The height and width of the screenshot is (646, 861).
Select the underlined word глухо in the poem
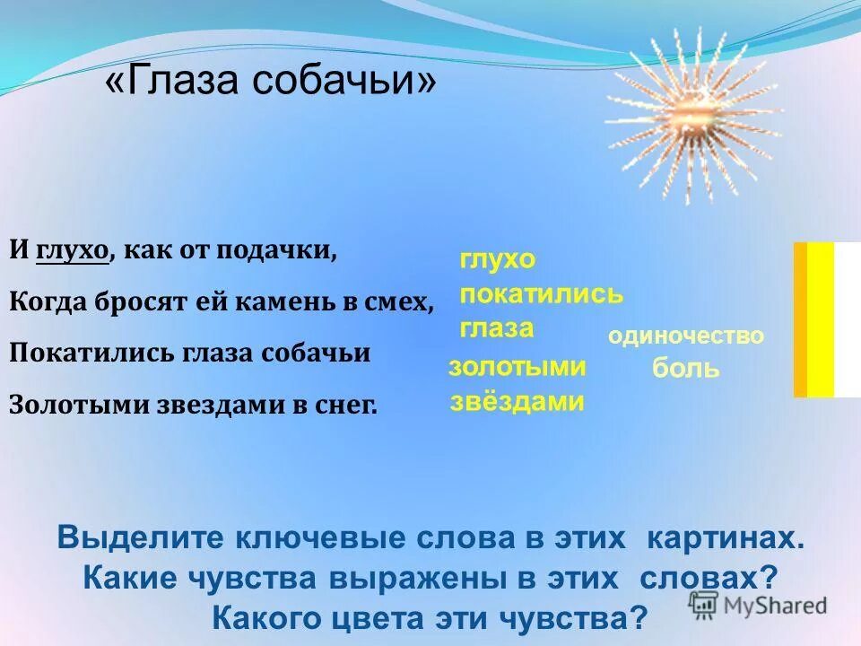tap(72, 250)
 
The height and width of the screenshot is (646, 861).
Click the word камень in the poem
tap(286, 302)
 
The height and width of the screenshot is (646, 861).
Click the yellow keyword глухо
tap(497, 260)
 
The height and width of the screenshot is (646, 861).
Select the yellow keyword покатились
tap(541, 294)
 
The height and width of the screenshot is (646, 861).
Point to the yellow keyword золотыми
tap(517, 366)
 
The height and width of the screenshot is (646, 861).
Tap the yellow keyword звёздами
tap(517, 401)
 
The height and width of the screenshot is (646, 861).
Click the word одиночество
tap(685, 336)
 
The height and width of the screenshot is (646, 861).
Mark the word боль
tap(685, 369)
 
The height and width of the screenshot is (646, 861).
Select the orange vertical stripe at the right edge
tap(800, 319)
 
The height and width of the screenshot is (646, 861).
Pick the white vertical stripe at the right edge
tap(848, 319)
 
